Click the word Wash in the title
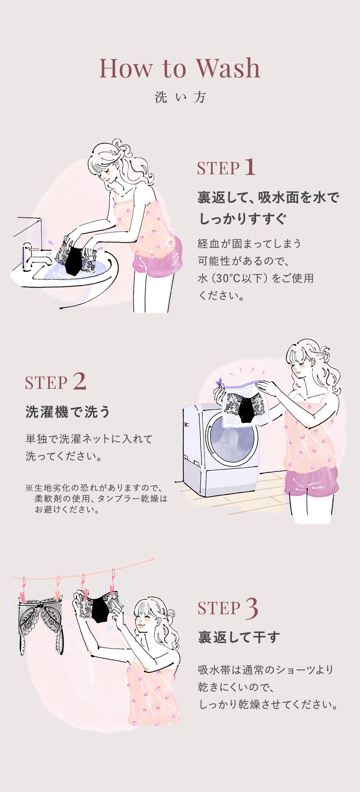[x=228, y=68]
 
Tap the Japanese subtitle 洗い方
[x=180, y=97]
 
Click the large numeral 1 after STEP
[x=250, y=167]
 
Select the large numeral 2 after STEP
[x=80, y=381]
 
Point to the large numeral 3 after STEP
[x=252, y=608]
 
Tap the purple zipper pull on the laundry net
[x=219, y=383]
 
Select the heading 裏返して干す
[x=239, y=637]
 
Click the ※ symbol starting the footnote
[x=29, y=488]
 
